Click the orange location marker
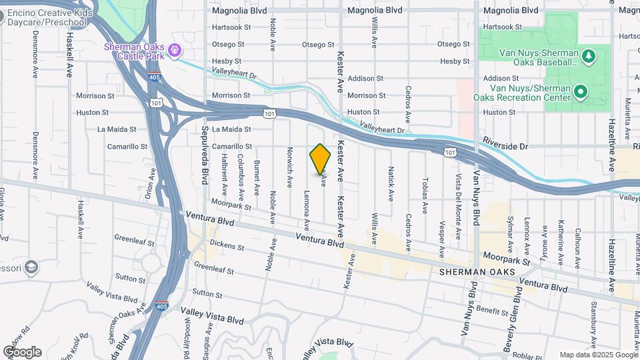tap(321, 159)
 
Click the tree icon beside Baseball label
tap(588, 55)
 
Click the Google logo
tap(22, 351)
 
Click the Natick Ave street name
tap(391, 183)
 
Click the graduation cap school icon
tap(31, 268)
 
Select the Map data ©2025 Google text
tap(598, 355)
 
